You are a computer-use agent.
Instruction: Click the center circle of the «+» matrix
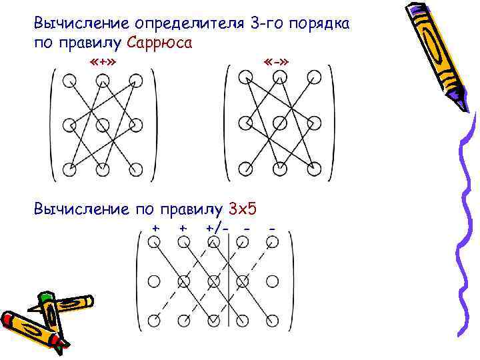pos(103,124)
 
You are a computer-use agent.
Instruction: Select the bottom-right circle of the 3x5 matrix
pos(272,321)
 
